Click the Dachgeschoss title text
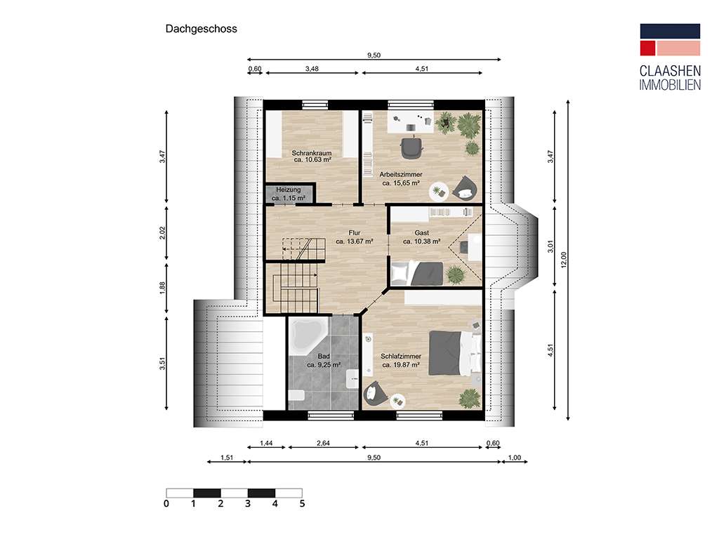(x=201, y=29)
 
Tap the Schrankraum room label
(x=312, y=153)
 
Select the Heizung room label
(x=289, y=190)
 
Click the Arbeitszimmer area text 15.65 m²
(x=401, y=183)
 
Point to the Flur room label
(x=354, y=233)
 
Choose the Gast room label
(x=421, y=233)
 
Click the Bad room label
(x=323, y=357)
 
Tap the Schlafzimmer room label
(x=401, y=357)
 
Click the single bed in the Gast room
(x=417, y=272)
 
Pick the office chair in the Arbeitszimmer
(x=411, y=147)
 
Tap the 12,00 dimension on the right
(x=562, y=259)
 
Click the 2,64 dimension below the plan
(x=324, y=444)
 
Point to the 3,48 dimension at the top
(x=311, y=69)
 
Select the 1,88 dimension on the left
(x=162, y=287)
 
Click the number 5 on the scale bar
(x=302, y=503)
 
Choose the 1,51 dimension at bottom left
(x=227, y=458)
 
